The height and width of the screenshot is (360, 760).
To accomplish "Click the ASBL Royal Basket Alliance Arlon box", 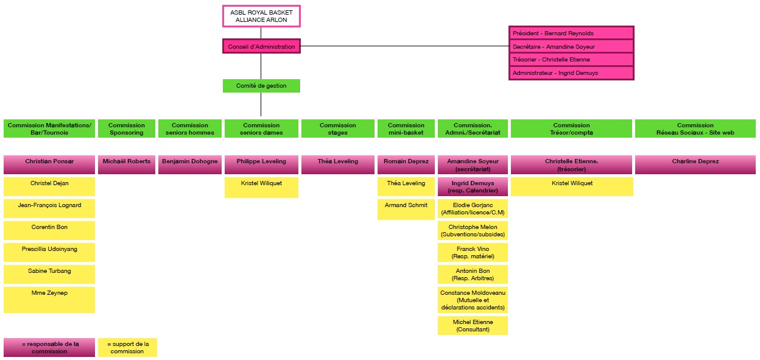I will [261, 16].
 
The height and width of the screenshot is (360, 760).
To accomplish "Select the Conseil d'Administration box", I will [261, 46].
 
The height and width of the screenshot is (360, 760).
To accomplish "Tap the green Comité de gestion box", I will [261, 86].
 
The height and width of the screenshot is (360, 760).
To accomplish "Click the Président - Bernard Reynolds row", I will [571, 33].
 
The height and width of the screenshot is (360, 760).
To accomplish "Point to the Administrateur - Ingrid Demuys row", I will [571, 73].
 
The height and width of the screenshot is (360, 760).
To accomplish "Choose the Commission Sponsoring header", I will [127, 129].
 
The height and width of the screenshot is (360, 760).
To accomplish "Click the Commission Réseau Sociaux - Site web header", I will [695, 129].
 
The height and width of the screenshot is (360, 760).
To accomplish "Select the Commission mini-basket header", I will [406, 129].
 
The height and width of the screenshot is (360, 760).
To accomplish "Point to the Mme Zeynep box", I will [49, 300].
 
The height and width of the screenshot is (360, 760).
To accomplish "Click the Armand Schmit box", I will [406, 209].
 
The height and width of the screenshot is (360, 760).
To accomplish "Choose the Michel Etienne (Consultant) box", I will [473, 325].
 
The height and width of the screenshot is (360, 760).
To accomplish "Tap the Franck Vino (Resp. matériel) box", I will [473, 253].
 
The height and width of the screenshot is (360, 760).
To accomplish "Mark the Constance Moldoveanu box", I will [473, 300].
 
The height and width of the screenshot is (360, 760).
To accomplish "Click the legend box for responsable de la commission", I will [49, 347].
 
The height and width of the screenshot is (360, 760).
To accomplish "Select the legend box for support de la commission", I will [127, 347].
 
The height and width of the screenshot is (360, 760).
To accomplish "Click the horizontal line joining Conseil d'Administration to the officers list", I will [405, 46].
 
